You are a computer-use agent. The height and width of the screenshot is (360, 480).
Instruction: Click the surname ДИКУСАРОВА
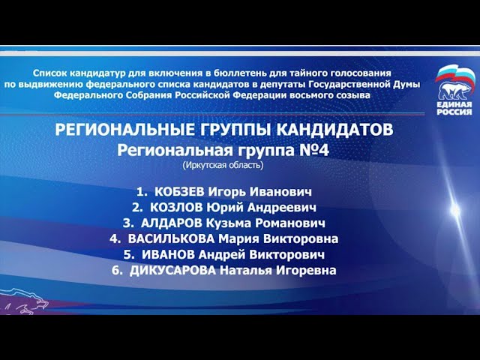[x=172, y=271]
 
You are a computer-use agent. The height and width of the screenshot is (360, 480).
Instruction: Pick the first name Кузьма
[x=239, y=223]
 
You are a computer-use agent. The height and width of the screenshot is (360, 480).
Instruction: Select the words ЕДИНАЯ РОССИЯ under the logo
[x=454, y=106]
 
